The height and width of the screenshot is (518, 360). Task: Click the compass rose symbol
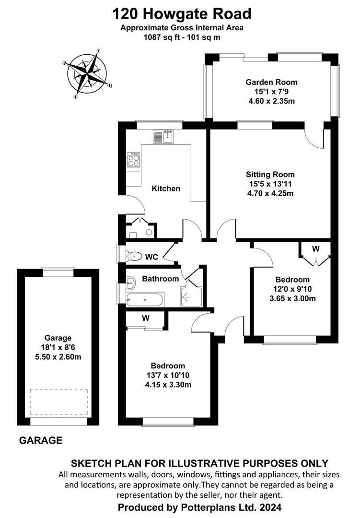point(88,74)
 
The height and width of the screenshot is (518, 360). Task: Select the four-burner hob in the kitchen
point(133,160)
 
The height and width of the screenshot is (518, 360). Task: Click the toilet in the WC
point(133,256)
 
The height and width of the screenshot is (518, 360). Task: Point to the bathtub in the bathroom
point(145,299)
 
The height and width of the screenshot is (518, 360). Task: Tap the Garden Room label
point(271,82)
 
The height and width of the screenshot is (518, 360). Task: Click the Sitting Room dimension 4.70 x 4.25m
point(270,193)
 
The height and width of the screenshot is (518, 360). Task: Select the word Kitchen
point(166,188)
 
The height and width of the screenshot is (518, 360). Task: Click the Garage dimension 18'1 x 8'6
point(58,347)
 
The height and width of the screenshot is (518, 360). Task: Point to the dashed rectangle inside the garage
point(59,402)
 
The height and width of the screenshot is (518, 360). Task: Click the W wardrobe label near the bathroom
point(146,318)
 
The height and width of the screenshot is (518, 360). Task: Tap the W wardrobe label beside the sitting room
point(316,248)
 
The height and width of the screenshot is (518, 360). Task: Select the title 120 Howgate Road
point(182,14)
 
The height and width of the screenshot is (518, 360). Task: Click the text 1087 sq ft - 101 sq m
point(182,37)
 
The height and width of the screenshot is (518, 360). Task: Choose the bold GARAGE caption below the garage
point(41,440)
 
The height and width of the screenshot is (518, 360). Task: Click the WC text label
point(151,257)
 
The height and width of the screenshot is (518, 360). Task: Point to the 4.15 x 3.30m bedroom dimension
point(168,385)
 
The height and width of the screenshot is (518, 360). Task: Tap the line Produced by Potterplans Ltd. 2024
point(200,507)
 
